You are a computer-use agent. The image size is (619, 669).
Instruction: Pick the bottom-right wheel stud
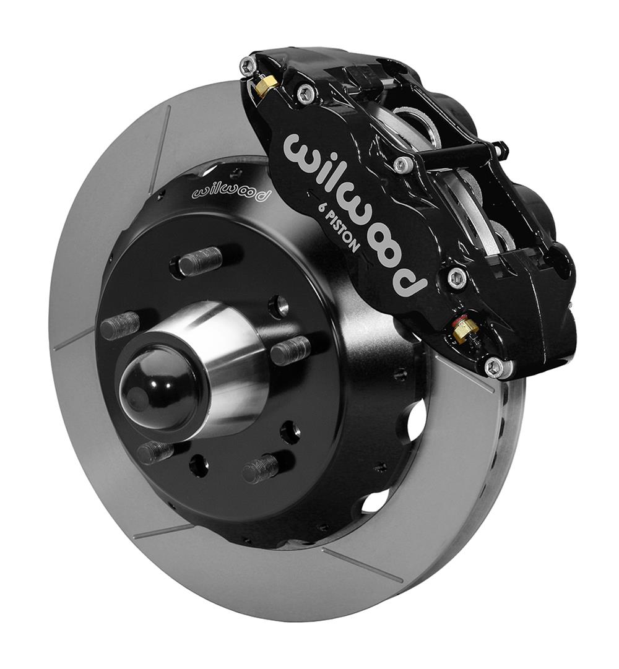[260, 469]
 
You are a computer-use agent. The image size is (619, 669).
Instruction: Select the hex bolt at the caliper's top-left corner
[248, 66]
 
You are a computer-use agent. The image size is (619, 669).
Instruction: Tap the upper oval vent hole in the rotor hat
[416, 421]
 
